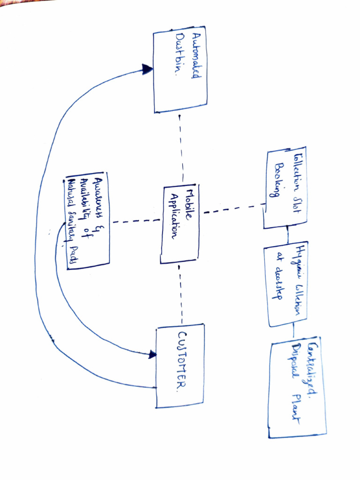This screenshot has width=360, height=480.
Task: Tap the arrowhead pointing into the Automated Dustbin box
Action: pyautogui.click(x=148, y=70)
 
